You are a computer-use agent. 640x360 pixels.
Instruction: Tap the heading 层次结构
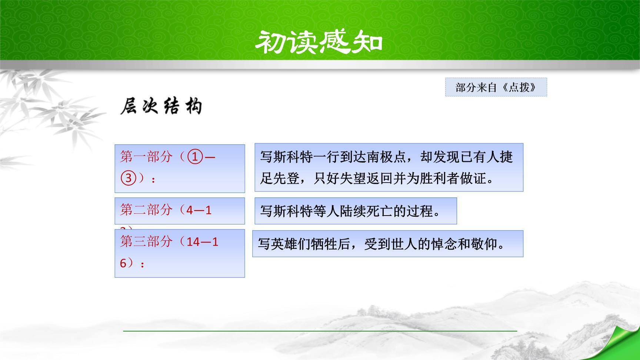coord(161,107)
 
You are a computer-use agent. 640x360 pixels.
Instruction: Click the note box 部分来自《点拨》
coord(496,87)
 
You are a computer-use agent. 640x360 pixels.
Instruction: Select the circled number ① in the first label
coord(196,157)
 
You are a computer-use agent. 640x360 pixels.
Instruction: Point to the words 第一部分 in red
coord(146,157)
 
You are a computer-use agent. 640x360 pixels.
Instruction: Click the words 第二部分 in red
coord(146,210)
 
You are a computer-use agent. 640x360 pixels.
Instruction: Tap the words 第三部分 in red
coord(146,242)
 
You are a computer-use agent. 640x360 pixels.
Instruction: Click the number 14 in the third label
coord(193,242)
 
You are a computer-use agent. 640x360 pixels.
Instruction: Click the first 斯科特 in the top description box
coord(293,157)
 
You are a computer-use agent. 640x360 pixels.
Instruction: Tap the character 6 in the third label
coord(123,263)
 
